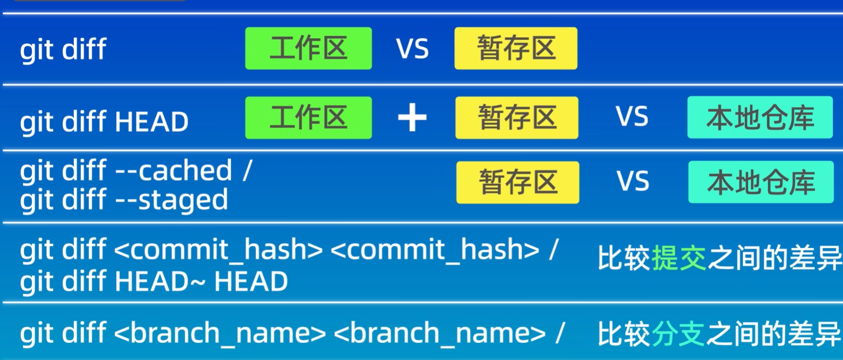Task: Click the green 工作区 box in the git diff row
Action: (x=308, y=48)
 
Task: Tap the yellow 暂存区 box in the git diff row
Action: (x=515, y=48)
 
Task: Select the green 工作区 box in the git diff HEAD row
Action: (x=308, y=118)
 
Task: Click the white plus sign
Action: (x=412, y=118)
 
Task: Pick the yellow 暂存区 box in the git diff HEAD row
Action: (x=516, y=118)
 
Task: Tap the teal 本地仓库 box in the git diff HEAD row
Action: (x=760, y=117)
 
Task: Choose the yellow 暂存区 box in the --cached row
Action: (x=517, y=183)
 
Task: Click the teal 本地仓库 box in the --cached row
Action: (x=761, y=182)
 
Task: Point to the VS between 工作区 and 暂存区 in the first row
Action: (x=412, y=49)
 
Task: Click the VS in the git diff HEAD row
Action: (x=632, y=117)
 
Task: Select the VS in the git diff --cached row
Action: (x=632, y=182)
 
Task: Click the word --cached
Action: (x=174, y=171)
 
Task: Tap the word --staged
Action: (x=172, y=200)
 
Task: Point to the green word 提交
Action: (x=679, y=259)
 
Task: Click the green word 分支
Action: (x=678, y=334)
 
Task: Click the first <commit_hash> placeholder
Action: (x=219, y=250)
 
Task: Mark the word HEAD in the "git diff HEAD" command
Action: (x=152, y=122)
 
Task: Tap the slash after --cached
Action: (x=247, y=171)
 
